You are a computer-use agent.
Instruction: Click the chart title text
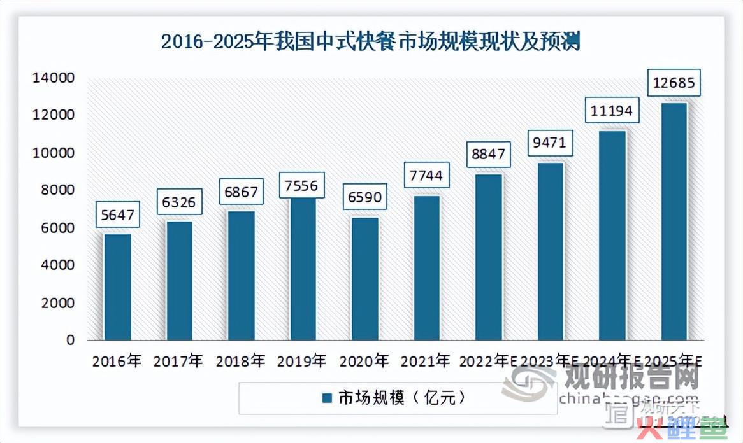coord(370,41)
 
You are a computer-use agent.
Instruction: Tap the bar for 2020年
coord(365,278)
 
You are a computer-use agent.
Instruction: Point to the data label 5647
coord(119,215)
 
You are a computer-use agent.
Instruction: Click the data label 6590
coord(366,197)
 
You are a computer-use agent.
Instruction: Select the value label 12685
coord(674,82)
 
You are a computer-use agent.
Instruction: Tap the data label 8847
coord(489,153)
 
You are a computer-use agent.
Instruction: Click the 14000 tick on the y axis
coord(54,78)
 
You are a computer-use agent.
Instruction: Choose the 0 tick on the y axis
coord(70,341)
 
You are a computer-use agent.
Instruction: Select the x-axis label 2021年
coord(426,362)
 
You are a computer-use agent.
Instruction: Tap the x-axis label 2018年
coord(240,362)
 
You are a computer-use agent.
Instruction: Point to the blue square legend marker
coord(327,398)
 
